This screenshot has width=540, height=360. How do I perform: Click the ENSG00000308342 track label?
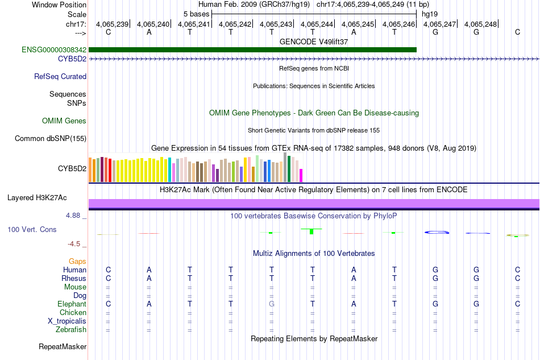(54, 50)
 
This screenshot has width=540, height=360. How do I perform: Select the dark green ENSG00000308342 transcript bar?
(252, 50)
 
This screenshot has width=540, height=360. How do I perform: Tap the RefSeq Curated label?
(60, 76)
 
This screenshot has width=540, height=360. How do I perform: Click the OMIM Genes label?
(64, 121)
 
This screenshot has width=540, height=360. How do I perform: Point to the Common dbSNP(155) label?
(51, 138)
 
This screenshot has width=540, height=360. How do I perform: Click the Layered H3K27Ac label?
(37, 198)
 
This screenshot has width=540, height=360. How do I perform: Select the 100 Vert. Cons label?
(32, 229)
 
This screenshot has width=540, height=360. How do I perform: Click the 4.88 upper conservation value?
(74, 216)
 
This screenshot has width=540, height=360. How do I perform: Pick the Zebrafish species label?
(71, 329)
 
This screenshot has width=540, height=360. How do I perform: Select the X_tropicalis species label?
(67, 321)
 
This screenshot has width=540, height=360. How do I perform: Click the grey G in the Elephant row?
(272, 304)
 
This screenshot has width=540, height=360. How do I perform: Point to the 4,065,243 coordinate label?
(276, 24)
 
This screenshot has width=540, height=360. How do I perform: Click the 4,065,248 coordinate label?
(481, 24)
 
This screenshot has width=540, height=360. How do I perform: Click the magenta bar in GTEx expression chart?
(301, 175)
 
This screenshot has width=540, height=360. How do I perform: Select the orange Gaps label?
(77, 261)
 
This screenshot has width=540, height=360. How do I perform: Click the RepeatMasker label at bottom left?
(63, 346)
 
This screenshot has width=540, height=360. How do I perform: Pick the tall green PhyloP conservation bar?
(311, 231)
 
